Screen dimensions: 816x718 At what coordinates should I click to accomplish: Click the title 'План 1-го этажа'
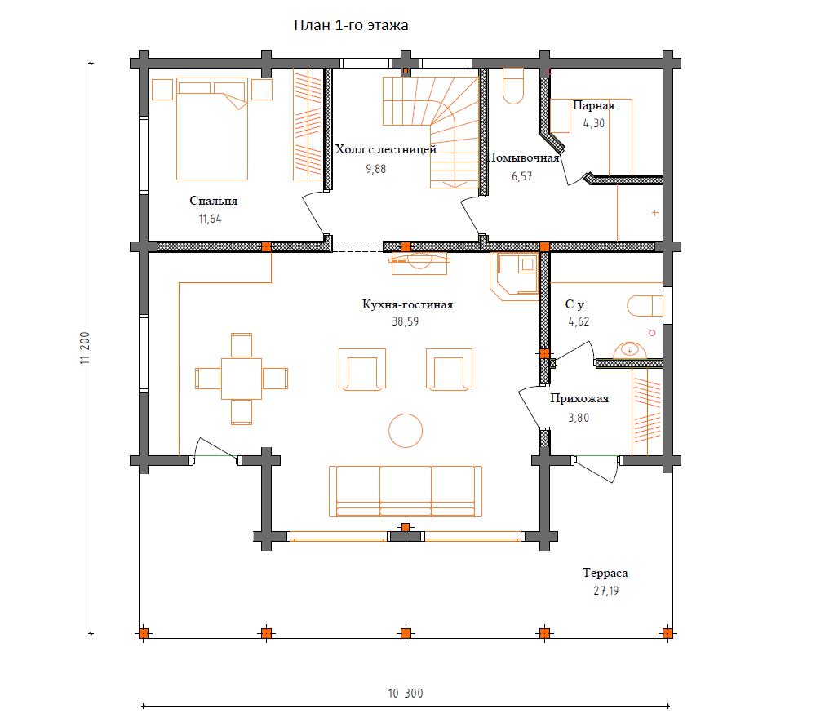pyautogui.click(x=351, y=25)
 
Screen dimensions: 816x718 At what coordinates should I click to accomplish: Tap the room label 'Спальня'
pyautogui.click(x=213, y=201)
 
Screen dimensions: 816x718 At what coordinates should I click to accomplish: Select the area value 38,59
pyautogui.click(x=406, y=321)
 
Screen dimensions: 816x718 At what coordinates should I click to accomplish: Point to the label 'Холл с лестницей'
pyautogui.click(x=386, y=149)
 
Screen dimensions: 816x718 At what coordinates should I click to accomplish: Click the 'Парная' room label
pyautogui.click(x=594, y=105)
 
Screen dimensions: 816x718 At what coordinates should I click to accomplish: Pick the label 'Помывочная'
pyautogui.click(x=523, y=157)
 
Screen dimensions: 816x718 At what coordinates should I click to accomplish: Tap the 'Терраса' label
pyautogui.click(x=605, y=573)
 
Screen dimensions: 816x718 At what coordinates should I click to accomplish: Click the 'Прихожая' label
pyautogui.click(x=579, y=398)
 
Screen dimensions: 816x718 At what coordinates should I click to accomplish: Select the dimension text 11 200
pyautogui.click(x=85, y=348)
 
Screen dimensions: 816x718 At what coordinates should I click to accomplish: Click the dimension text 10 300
pyautogui.click(x=406, y=693)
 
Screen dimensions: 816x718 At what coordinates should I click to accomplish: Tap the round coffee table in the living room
pyautogui.click(x=406, y=431)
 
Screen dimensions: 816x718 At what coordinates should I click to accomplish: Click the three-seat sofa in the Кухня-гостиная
pyautogui.click(x=406, y=491)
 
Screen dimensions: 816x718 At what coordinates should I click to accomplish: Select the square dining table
pyautogui.click(x=242, y=379)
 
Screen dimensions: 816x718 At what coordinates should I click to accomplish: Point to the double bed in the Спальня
pyautogui.click(x=212, y=129)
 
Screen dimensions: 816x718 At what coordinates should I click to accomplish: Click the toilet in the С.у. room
pyautogui.click(x=645, y=306)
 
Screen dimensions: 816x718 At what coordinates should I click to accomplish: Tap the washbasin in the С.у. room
pyautogui.click(x=630, y=351)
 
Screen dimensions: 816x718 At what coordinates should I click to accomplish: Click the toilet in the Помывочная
pyautogui.click(x=513, y=86)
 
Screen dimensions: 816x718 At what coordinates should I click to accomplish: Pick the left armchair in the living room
pyautogui.click(x=362, y=370)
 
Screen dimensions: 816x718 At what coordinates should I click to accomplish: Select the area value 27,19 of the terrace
pyautogui.click(x=605, y=591)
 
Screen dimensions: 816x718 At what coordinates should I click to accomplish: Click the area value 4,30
pyautogui.click(x=594, y=124)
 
